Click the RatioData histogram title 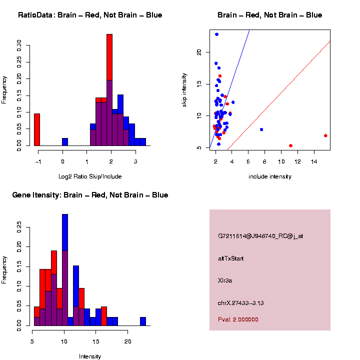point(90,15)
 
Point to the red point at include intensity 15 point(325,135)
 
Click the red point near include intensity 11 point(290,145)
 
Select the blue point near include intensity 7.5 point(261,129)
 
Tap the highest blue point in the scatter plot point(216,34)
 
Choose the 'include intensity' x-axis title point(269,176)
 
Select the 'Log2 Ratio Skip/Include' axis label point(90,176)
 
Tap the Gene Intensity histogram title point(90,195)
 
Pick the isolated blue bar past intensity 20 point(143,321)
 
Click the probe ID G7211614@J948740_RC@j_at point(260,236)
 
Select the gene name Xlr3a point(225,280)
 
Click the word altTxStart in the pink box point(231,258)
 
